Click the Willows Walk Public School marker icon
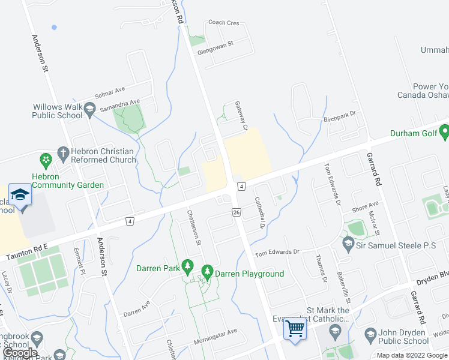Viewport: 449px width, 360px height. pos(90,109)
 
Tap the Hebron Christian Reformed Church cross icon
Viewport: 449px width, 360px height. pos(62,152)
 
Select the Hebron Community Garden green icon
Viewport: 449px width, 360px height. pos(45,160)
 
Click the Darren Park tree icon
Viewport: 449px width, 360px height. pos(188,265)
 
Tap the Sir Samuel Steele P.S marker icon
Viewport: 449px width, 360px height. pos(348,244)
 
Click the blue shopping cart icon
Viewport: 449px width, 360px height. pos(295,328)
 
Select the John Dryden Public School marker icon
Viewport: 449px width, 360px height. pos(370,333)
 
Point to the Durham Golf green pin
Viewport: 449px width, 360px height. pos(444,130)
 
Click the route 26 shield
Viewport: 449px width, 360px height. pos(236,212)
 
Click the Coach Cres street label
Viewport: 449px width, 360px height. pos(223,23)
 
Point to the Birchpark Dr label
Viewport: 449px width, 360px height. pos(340,114)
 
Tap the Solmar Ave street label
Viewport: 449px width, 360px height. pos(110,93)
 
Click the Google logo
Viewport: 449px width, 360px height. pos(20,353)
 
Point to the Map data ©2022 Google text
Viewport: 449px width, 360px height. pos(412,355)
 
